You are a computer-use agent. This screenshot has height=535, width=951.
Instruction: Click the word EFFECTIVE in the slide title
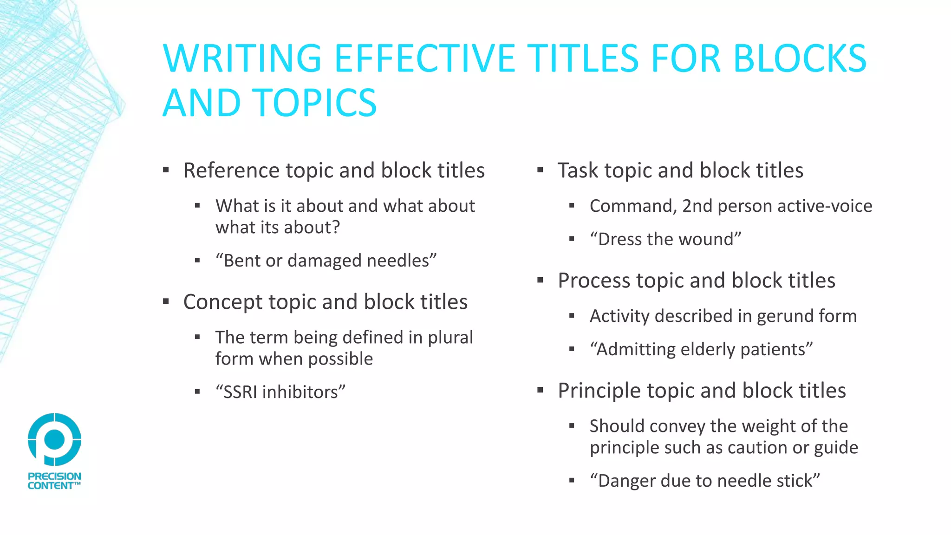coord(424,59)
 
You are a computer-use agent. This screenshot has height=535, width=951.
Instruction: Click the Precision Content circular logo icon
coord(54,439)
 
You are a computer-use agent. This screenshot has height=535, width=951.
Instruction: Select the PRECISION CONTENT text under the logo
coord(54,481)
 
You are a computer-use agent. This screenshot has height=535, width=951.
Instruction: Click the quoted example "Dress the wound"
coord(665,239)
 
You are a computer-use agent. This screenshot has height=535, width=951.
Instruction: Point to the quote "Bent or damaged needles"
coord(326,261)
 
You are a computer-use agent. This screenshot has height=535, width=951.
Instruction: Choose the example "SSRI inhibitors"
coord(280,392)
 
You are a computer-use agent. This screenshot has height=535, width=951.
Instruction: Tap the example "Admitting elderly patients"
coord(701,349)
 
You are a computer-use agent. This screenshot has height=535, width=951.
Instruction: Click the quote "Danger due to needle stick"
coord(704,481)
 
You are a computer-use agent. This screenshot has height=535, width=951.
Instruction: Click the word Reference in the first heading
coord(231,170)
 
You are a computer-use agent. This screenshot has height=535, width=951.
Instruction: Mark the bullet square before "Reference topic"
coord(166,170)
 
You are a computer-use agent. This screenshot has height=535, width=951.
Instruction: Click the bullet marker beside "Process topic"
coord(540,280)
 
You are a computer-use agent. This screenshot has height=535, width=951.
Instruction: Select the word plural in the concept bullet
coord(450,338)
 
